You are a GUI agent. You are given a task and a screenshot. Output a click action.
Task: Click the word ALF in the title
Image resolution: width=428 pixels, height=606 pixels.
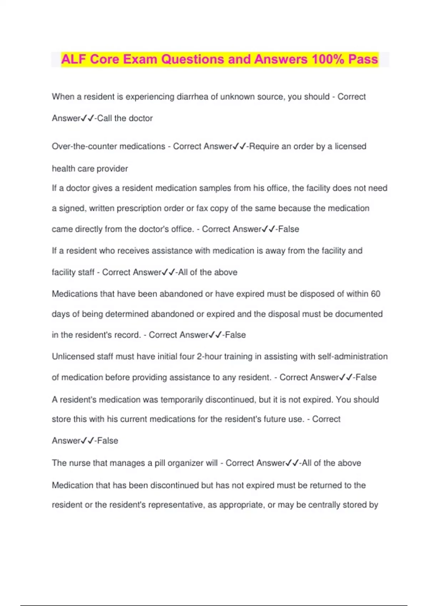[x=74, y=59]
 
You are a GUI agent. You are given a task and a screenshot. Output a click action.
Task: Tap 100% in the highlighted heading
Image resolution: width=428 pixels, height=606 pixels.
[x=327, y=59]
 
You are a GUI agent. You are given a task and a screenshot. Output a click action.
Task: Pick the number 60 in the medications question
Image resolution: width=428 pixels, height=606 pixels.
[x=376, y=294]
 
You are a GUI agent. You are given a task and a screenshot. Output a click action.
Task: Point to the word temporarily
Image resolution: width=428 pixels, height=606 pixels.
[x=182, y=400]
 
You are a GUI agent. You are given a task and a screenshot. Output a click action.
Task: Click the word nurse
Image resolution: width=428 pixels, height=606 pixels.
[x=80, y=463]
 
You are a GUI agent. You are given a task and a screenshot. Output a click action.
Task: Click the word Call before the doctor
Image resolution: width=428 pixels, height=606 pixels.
[x=105, y=118]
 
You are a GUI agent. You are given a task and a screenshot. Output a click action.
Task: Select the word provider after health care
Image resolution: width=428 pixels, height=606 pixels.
[x=112, y=169]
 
